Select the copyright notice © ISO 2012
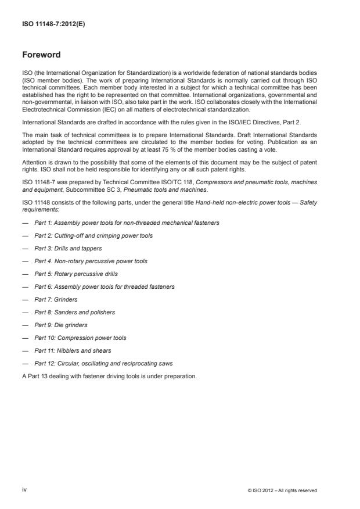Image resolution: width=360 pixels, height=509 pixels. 282,490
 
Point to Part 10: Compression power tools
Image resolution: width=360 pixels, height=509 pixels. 80,338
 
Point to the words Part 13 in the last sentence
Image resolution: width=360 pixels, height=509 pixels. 36,376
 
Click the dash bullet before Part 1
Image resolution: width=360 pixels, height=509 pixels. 26,223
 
